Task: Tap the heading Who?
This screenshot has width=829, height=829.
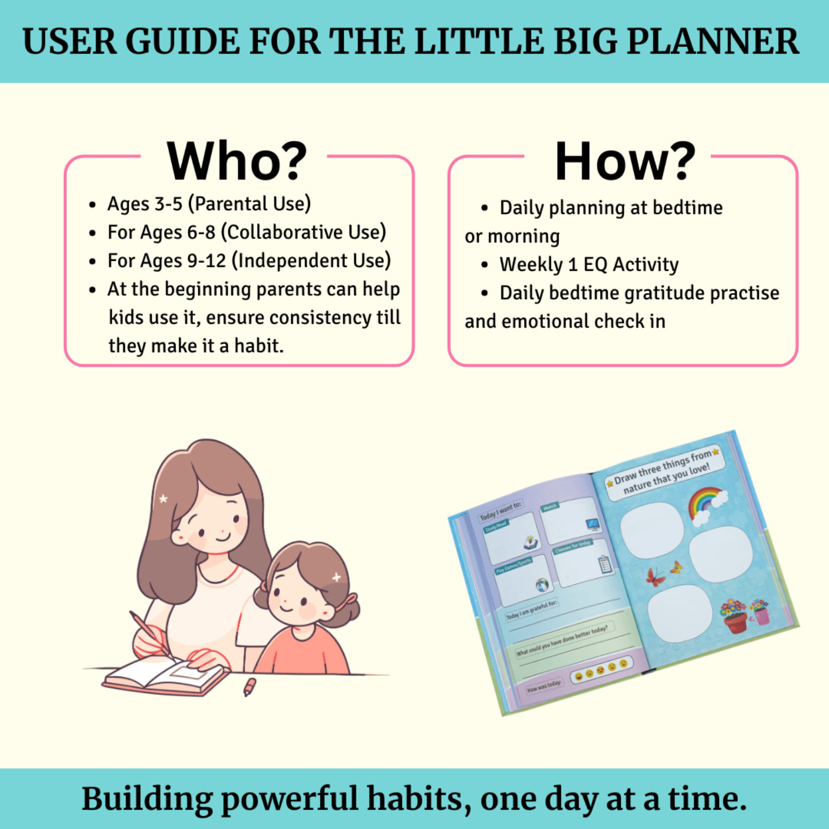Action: point(237,161)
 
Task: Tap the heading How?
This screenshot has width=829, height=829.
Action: point(625,161)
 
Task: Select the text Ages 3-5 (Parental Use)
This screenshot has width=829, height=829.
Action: point(209,204)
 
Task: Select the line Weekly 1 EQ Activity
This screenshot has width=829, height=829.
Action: point(589,265)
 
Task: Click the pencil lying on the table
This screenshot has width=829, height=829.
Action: point(250,686)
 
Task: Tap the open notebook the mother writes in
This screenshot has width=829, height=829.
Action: point(166,678)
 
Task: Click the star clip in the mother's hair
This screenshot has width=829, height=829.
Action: point(163,499)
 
